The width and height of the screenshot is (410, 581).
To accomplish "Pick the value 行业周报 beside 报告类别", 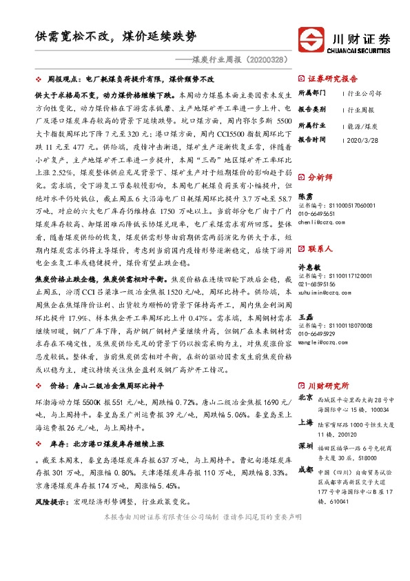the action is click(x=362, y=109).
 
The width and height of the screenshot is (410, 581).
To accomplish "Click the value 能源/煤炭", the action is click(x=362, y=126).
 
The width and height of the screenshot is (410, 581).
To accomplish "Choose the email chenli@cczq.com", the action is click(x=322, y=222).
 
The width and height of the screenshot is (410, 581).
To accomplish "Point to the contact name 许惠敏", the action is click(x=309, y=267).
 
